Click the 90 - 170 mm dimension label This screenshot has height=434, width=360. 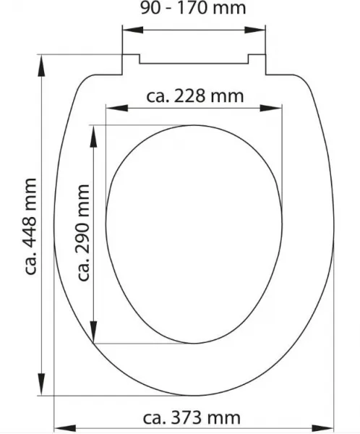(193, 8)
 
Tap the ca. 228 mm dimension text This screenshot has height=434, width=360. (194, 96)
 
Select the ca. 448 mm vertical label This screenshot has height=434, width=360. (30, 226)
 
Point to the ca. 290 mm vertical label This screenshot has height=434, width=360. (83, 232)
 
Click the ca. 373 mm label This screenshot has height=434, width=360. (192, 418)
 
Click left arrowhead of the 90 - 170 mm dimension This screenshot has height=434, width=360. (133, 30)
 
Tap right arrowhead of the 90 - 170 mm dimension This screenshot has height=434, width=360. (255, 30)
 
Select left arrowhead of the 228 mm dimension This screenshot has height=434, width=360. (117, 108)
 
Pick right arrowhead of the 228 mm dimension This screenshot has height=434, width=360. (270, 108)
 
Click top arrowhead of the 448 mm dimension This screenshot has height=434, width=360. (41, 66)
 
